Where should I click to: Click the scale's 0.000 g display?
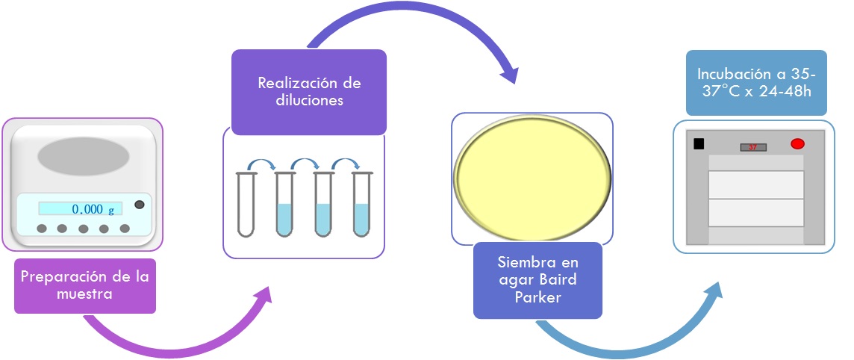[x=81, y=209]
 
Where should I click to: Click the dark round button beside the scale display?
[x=139, y=205]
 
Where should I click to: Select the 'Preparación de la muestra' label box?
[x=85, y=285]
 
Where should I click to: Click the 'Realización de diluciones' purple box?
[x=308, y=92]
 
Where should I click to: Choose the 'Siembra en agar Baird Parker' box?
[x=537, y=280]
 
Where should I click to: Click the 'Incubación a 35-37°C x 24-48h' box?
[x=755, y=83]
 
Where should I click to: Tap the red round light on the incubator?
[x=797, y=143]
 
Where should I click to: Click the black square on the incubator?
[x=699, y=144]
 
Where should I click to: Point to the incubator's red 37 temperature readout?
[x=752, y=147]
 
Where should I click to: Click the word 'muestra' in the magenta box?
[x=84, y=294]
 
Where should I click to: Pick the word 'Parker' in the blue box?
[x=537, y=297]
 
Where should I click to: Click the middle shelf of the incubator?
[x=755, y=185]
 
